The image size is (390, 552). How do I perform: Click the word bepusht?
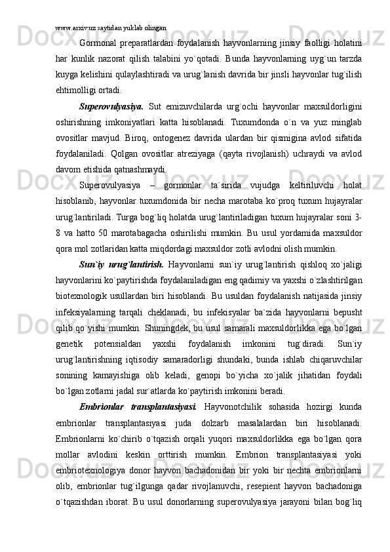[349, 312]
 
